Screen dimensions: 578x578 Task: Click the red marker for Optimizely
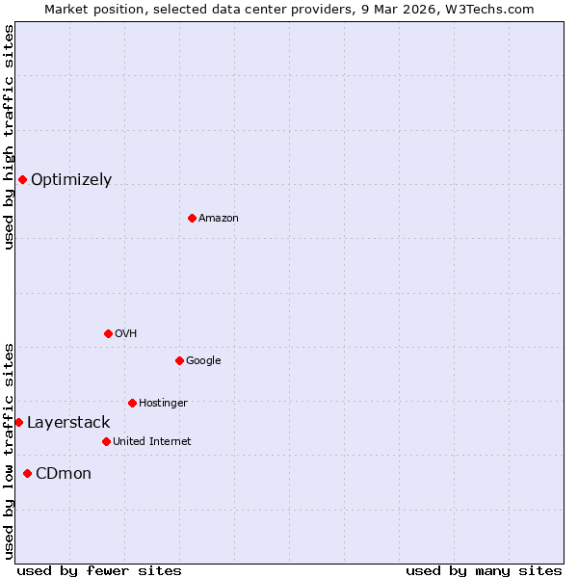[x=22, y=179]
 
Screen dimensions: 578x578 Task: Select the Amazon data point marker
[x=192, y=218]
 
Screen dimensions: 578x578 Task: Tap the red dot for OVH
[x=108, y=333]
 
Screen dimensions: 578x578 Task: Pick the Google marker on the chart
[x=179, y=360]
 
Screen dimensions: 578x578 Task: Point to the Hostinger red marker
[x=132, y=403]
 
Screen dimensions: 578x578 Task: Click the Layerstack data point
[x=18, y=422]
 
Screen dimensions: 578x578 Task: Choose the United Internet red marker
[x=106, y=441]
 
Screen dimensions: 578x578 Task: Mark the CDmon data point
[x=27, y=473]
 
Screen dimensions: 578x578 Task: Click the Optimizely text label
[x=71, y=180]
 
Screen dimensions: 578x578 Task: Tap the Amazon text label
[x=219, y=219]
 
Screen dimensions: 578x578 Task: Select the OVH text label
[x=126, y=334]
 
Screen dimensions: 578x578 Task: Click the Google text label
[x=203, y=361]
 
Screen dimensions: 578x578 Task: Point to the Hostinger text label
[x=163, y=404]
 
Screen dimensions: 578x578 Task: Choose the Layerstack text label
[x=68, y=423]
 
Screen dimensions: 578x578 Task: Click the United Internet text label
[x=151, y=442]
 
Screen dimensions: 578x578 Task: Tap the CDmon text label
[x=64, y=474]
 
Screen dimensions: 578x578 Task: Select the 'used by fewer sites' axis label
[x=99, y=570]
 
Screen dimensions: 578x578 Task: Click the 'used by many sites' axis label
[x=484, y=570]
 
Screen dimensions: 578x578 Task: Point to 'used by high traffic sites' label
[x=9, y=137]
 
